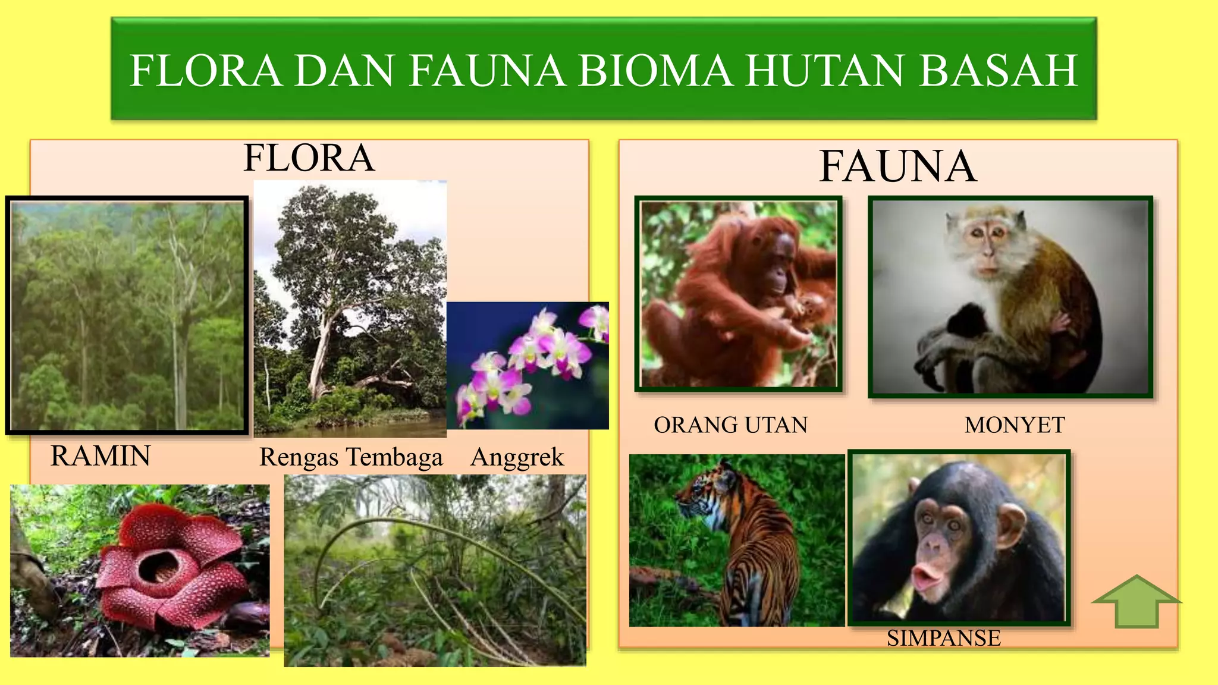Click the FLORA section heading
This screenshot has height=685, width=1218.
[x=309, y=158]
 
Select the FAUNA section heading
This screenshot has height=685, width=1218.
[x=897, y=166]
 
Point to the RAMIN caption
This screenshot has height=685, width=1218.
[x=101, y=456]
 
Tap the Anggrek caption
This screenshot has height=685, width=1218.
[x=517, y=457]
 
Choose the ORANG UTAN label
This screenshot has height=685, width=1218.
[x=730, y=425]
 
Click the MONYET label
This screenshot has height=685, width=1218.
[x=1015, y=425]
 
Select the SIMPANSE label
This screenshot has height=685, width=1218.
[x=943, y=638]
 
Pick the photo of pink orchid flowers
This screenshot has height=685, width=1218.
[x=528, y=366]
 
